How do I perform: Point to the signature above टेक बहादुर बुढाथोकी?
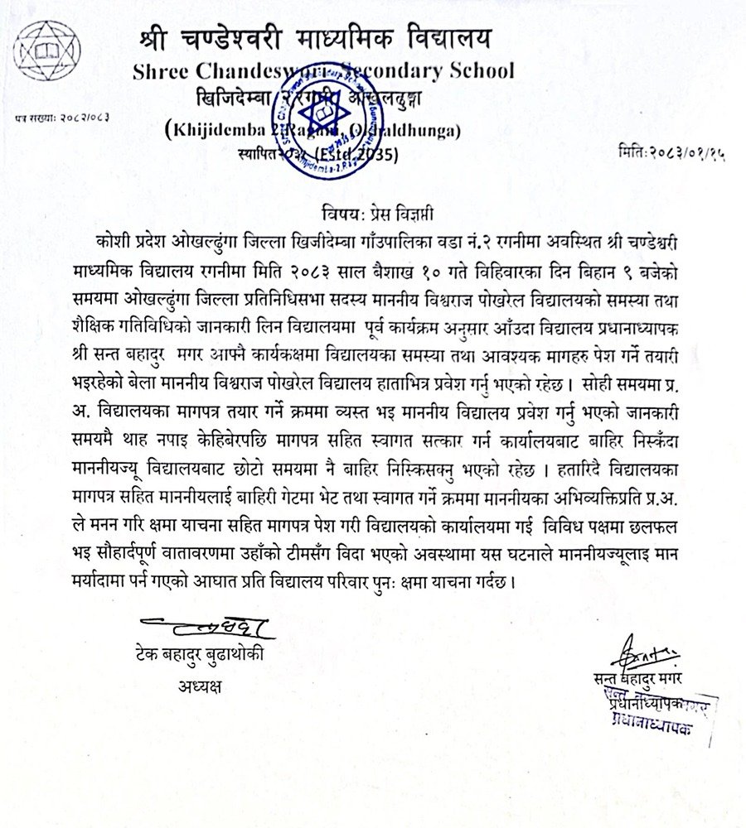coord(202,623)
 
